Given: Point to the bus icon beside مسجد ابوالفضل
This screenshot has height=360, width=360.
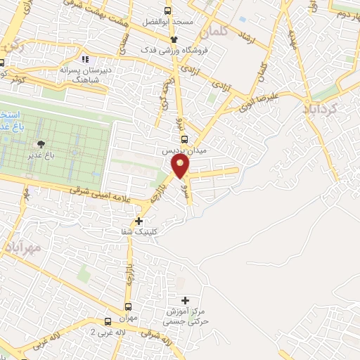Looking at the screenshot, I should click(x=167, y=11).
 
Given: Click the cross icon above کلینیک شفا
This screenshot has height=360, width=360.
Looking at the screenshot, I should click(x=139, y=221).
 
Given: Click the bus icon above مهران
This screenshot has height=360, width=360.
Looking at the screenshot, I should click(x=129, y=307).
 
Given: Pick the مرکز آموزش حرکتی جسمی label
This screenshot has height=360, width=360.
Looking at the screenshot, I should click(x=186, y=316).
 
